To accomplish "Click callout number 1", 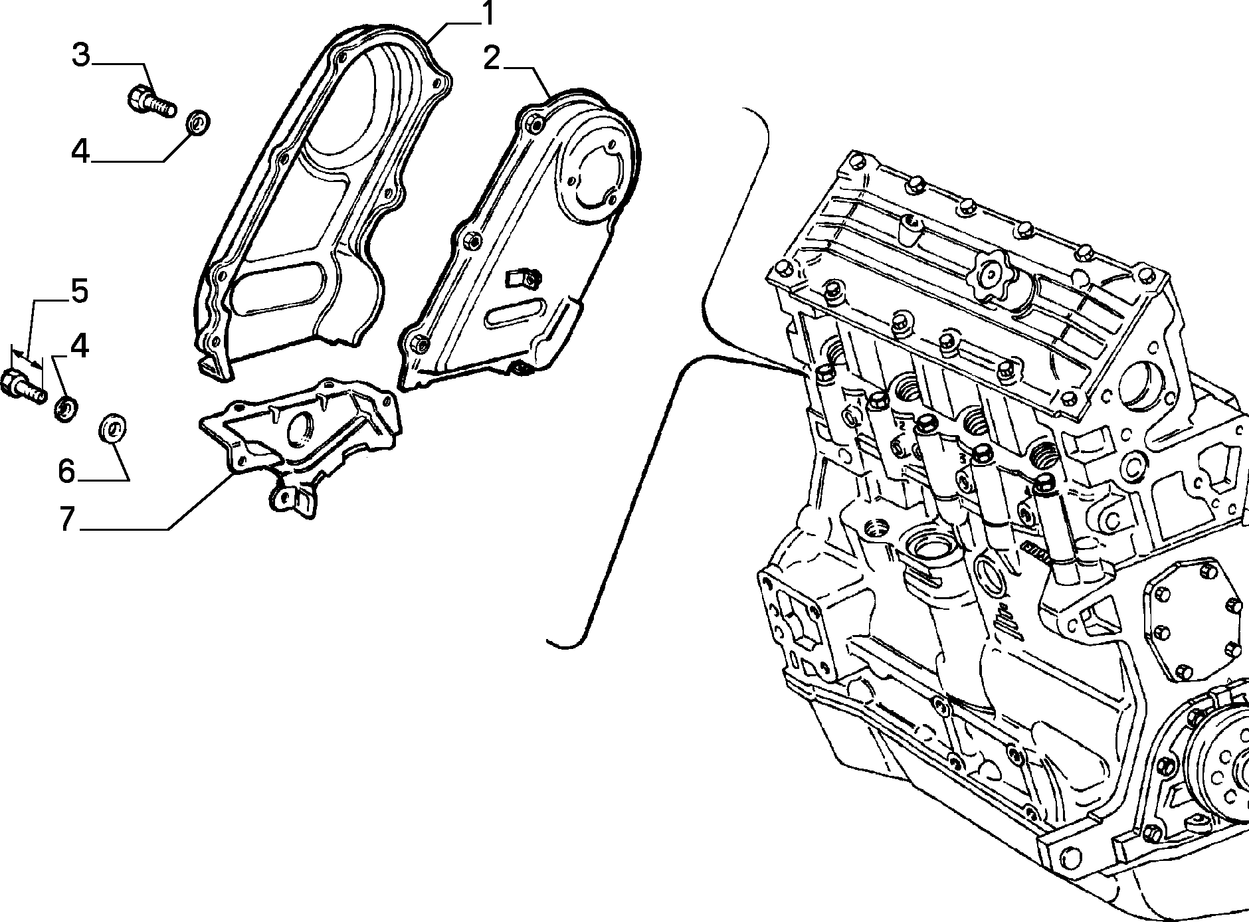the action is tap(488, 14).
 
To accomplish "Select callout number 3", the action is tap(80, 54).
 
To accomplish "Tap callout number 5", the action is tap(80, 292).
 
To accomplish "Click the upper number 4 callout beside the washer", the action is tap(80, 152).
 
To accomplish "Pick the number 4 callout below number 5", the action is tap(79, 346).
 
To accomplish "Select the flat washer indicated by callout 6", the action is tap(112, 426).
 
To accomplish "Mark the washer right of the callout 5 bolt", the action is tap(66, 407).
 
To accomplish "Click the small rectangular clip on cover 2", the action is tap(523, 278).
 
